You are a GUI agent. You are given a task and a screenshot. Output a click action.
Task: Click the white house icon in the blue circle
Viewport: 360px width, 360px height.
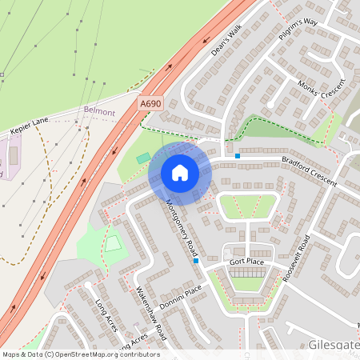[180, 173]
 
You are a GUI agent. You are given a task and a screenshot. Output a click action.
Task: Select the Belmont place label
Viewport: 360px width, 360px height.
[99, 113]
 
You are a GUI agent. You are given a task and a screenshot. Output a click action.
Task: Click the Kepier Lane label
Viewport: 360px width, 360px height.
[29, 127]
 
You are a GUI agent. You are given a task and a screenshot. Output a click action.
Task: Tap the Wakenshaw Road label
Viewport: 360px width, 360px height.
[150, 311]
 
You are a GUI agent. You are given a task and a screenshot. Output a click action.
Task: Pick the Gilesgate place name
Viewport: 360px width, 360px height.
[333, 346]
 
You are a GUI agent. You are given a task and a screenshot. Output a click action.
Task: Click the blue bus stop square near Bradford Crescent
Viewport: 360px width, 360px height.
[238, 155]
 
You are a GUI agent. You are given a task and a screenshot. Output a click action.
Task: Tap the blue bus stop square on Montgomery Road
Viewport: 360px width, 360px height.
[195, 261]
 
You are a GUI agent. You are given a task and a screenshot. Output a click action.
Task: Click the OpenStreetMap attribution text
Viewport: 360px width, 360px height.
[81, 354]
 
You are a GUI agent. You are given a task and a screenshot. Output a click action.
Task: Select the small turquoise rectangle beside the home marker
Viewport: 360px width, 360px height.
[143, 158]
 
